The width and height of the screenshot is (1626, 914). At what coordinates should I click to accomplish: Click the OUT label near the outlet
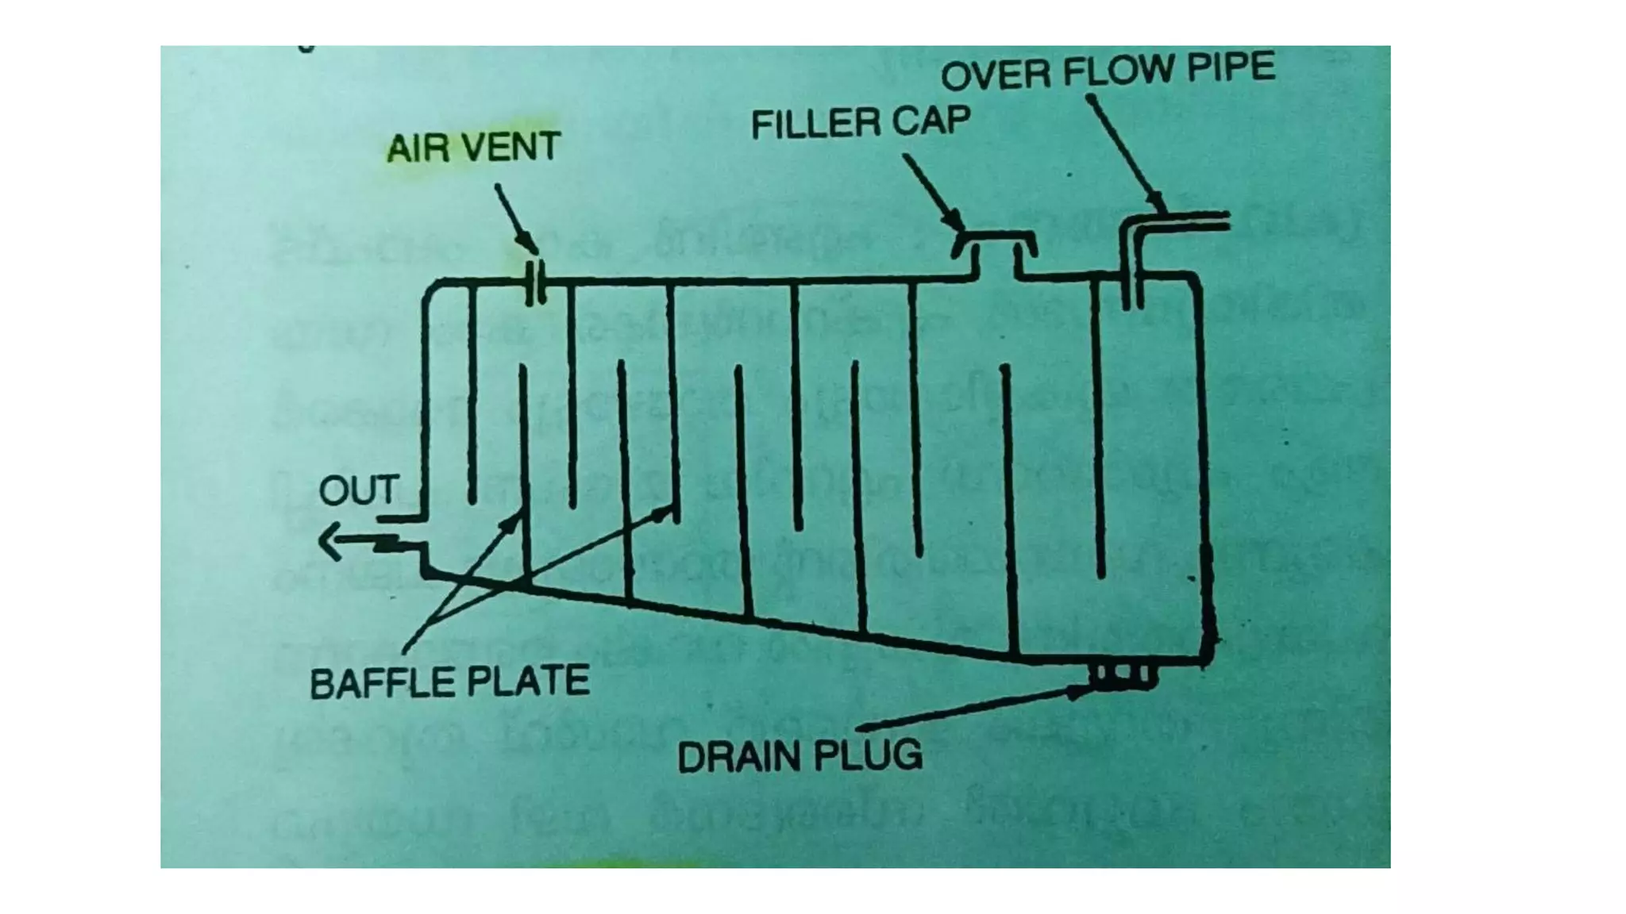[x=358, y=490]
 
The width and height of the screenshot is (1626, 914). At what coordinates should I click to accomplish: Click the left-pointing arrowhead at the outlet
[x=329, y=542]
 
